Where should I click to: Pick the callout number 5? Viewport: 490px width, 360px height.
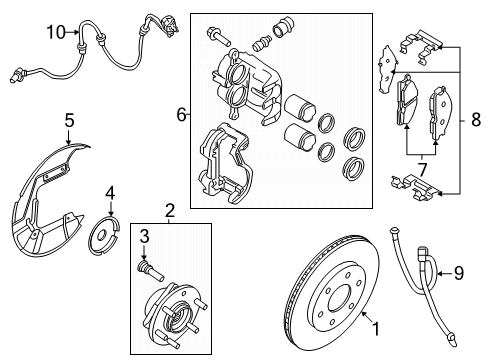pos(69,121)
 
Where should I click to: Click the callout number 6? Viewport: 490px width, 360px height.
pos(182,115)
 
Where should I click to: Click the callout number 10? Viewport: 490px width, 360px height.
pos(53,34)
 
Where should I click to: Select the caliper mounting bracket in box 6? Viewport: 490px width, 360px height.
pos(225,165)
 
